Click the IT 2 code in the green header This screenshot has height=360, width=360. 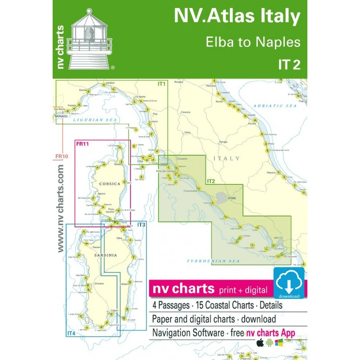click(x=289, y=65)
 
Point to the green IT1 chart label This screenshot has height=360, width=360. click(x=162, y=84)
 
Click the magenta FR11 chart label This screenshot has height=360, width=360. click(x=82, y=144)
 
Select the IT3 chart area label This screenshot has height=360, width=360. click(x=141, y=225)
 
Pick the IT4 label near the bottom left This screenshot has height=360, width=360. click(x=71, y=333)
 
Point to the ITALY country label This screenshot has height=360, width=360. click(x=227, y=158)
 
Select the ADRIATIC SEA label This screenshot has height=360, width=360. click(x=275, y=105)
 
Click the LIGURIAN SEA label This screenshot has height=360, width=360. click(x=96, y=120)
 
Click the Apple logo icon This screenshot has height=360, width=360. click(x=260, y=343)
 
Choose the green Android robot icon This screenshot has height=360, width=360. click(x=270, y=343)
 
